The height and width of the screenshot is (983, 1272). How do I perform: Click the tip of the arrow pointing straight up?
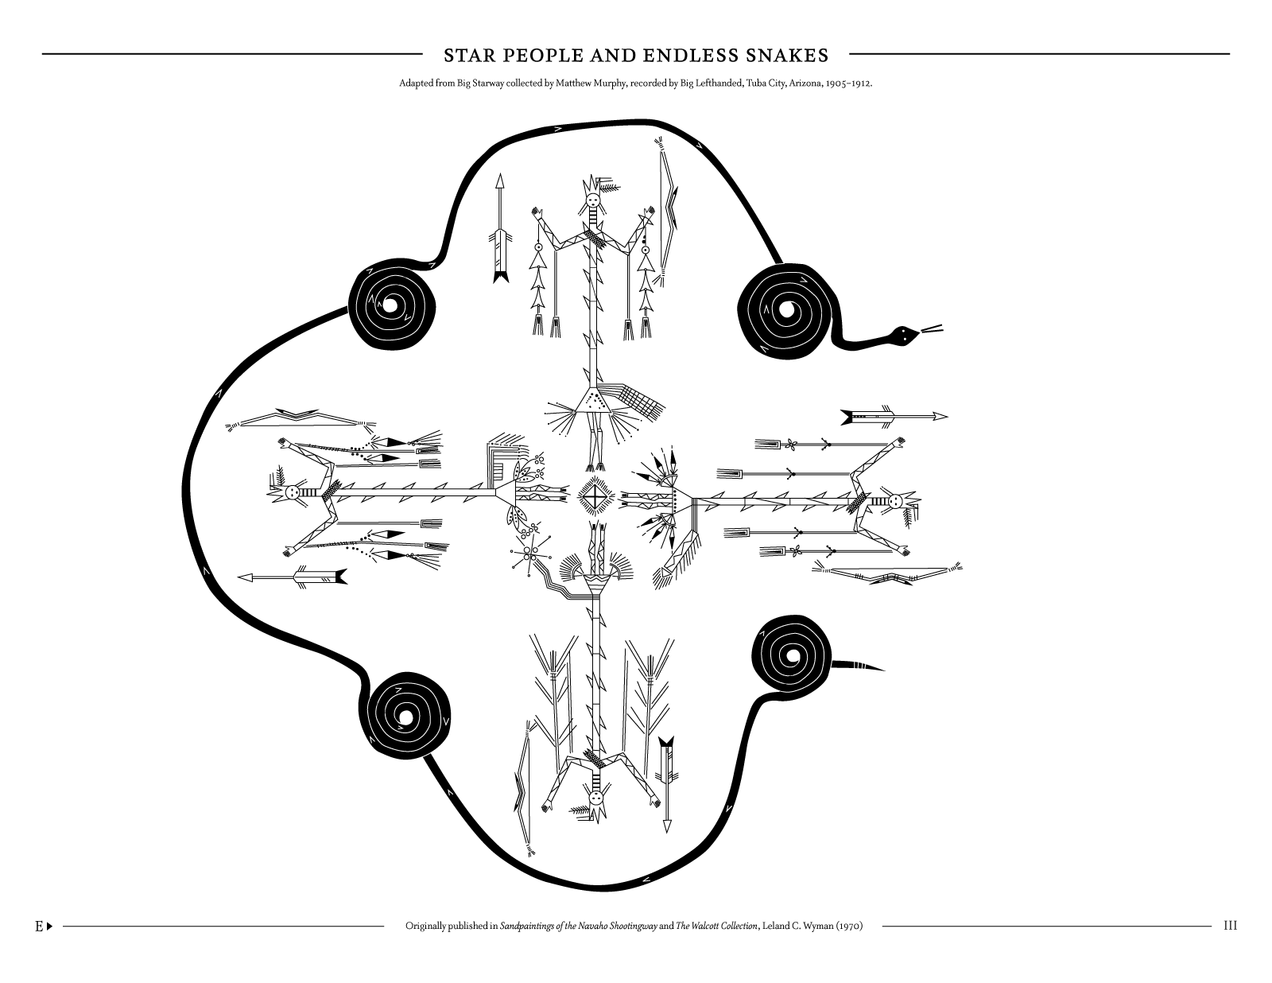499,174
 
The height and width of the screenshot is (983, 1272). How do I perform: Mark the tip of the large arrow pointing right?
947,416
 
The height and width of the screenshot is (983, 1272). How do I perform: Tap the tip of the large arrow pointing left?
238,578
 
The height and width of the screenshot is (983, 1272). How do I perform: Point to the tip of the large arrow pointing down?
666,833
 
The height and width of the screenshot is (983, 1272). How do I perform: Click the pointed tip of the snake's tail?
884,669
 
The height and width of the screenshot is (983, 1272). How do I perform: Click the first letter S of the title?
448,56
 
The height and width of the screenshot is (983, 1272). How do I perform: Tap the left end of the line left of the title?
43,54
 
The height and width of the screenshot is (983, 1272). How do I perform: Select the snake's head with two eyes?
905,335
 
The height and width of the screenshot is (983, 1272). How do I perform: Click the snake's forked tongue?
932,329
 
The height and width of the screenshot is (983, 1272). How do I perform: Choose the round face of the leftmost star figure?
293,494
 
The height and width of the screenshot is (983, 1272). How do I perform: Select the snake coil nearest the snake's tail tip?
791,656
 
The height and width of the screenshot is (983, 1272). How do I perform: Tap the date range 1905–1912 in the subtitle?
848,84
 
